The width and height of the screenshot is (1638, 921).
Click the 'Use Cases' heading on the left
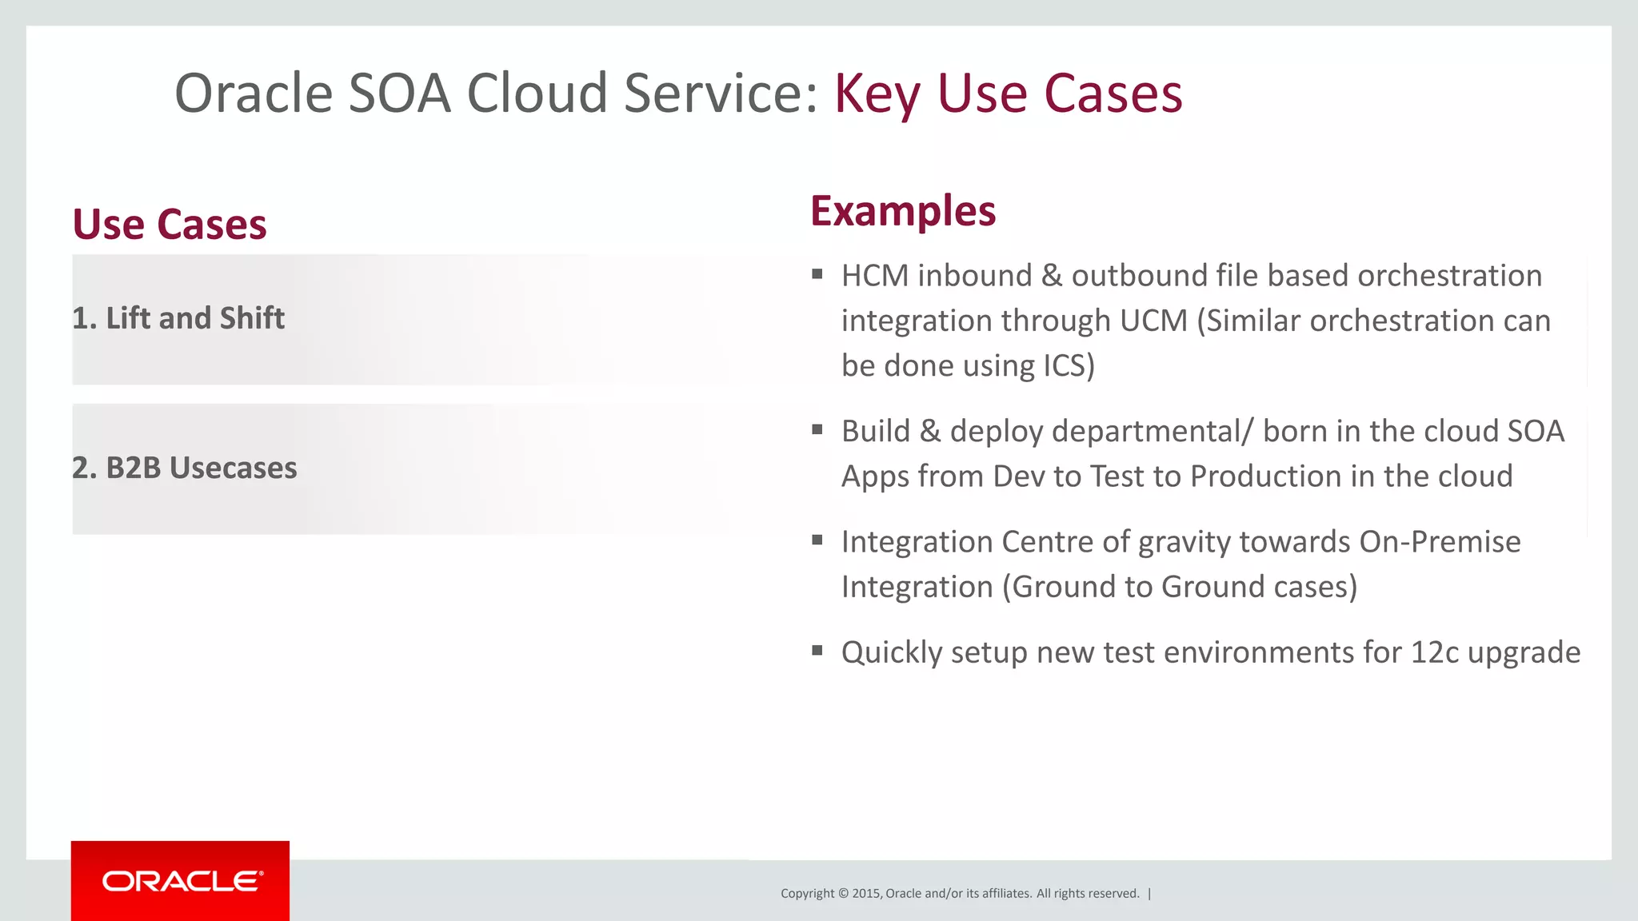point(170,225)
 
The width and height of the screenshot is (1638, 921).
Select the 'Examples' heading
point(903,211)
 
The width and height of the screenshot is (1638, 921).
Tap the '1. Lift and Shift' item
point(178,318)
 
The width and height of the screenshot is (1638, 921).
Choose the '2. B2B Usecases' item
point(185,468)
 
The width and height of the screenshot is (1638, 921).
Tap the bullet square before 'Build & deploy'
point(817,429)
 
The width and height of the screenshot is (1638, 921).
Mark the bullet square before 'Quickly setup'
point(817,650)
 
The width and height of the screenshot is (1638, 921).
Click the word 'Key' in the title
point(877,94)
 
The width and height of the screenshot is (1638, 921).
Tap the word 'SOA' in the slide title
point(400,94)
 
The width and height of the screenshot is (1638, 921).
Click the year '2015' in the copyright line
point(866,894)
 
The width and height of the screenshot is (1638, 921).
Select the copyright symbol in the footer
point(843,894)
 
